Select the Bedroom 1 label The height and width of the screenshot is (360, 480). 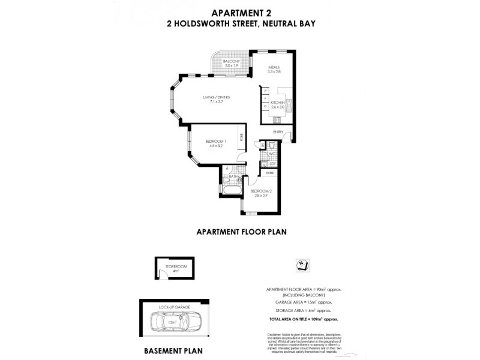[215, 142]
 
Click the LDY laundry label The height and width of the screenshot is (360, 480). [272, 163]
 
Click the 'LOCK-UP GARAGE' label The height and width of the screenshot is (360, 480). [174, 307]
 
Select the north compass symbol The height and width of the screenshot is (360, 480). [301, 264]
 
